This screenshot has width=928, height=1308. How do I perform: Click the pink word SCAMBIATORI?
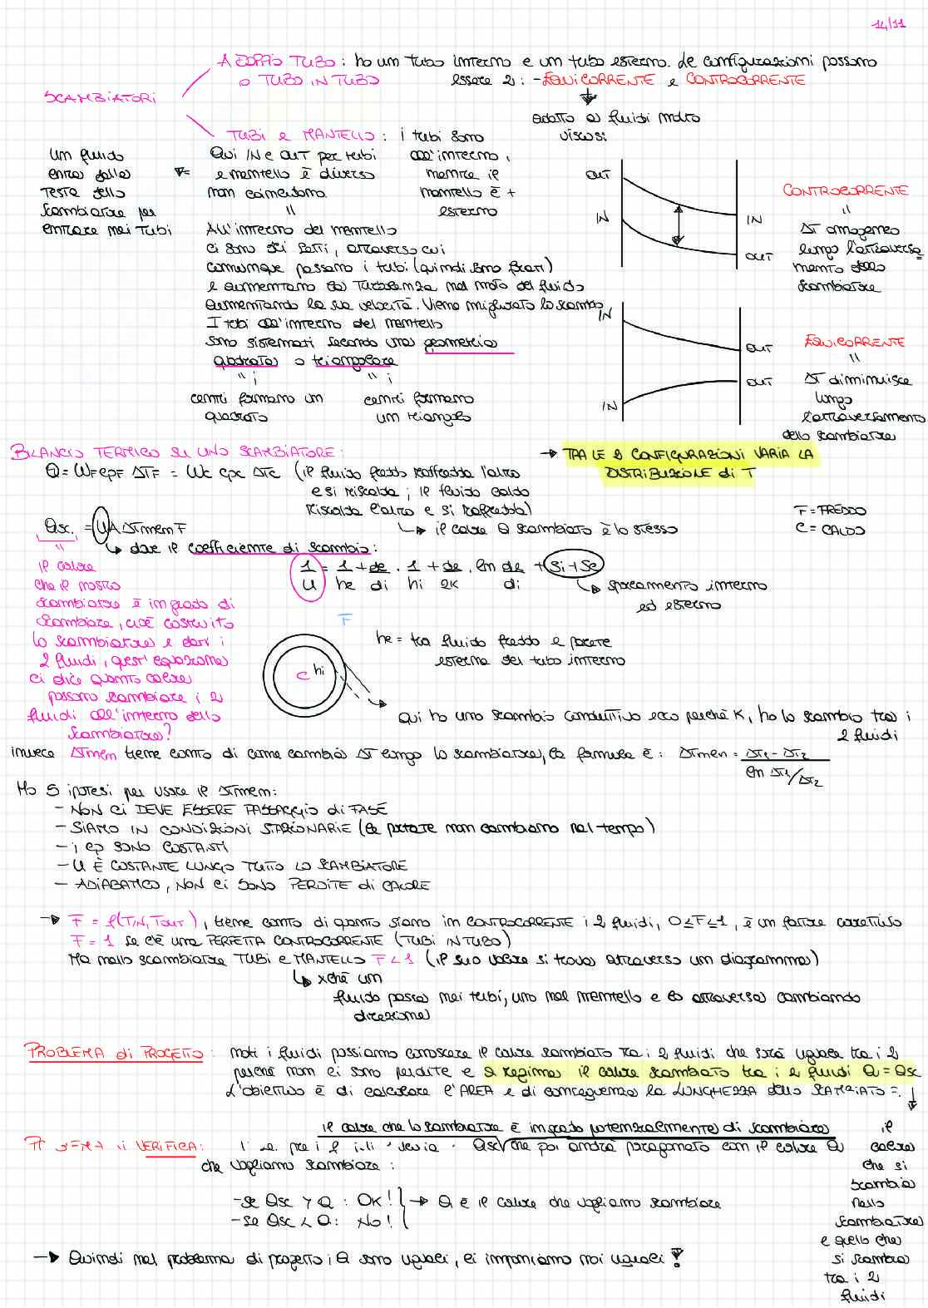click(100, 97)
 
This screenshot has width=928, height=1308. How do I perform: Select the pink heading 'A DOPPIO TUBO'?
click(278, 61)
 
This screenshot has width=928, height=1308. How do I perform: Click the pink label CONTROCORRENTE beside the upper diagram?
click(845, 190)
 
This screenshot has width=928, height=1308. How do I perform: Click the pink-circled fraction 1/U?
click(306, 575)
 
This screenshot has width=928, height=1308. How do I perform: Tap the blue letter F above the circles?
click(346, 619)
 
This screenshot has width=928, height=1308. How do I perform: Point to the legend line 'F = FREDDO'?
click(830, 511)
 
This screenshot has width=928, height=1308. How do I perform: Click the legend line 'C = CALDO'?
click(830, 529)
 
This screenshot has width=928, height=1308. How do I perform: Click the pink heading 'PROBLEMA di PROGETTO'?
click(115, 1052)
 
